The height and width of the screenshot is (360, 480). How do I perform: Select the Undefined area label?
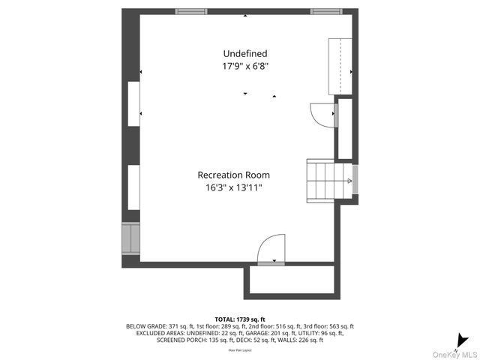pyautogui.click(x=244, y=54)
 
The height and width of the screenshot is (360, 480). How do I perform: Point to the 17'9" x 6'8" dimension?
pyautogui.click(x=244, y=66)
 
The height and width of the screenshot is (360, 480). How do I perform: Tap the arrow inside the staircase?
pyautogui.click(x=349, y=181)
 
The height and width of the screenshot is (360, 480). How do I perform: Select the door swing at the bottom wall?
pyautogui.click(x=271, y=250)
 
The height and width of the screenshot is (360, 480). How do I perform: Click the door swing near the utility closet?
pyautogui.click(x=323, y=113)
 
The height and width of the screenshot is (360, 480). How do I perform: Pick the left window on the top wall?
pyautogui.click(x=191, y=12)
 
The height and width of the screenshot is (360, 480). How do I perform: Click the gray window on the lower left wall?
pyautogui.click(x=130, y=238)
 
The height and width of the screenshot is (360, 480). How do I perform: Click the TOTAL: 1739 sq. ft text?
pyautogui.click(x=240, y=319)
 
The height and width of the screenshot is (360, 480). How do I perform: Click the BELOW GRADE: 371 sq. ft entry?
pyautogui.click(x=154, y=326)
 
